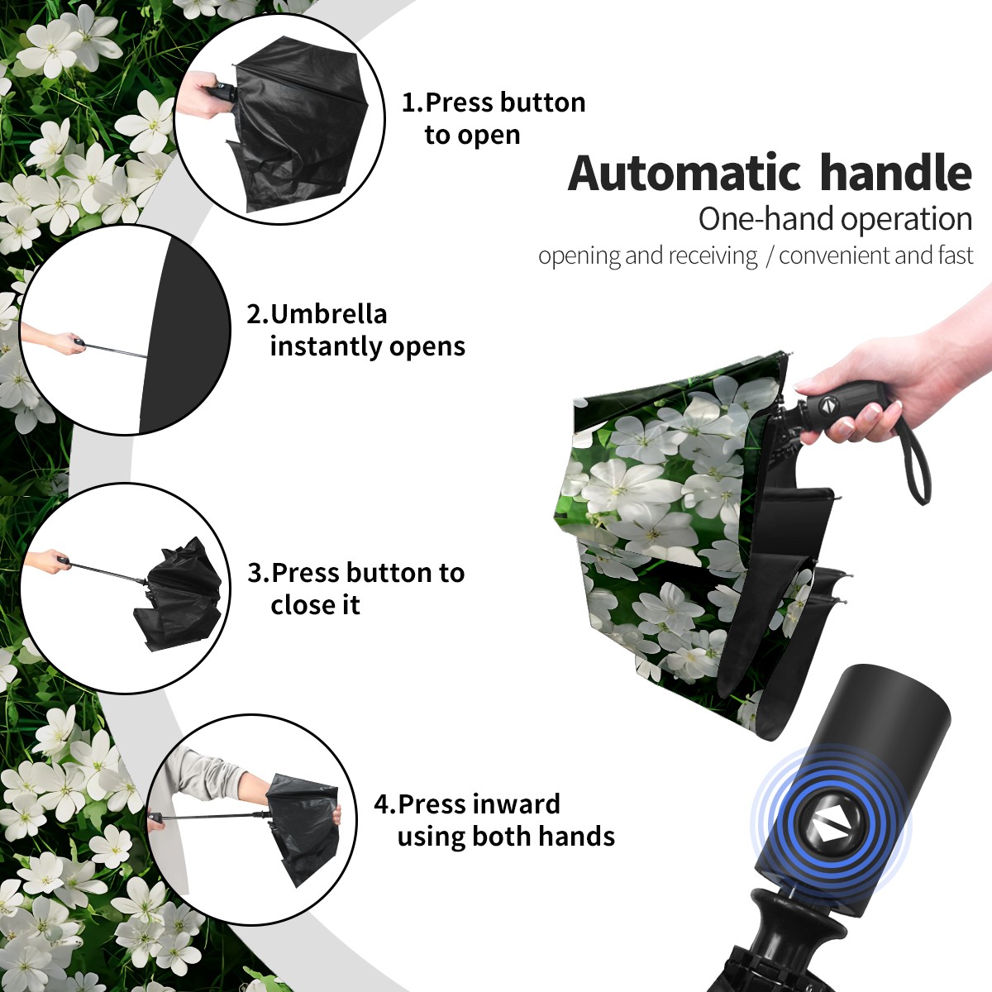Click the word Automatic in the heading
coord(684,173)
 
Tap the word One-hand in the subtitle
coord(767,219)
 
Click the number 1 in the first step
coord(408,103)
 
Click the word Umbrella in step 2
coord(328,314)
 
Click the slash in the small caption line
coord(769,256)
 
